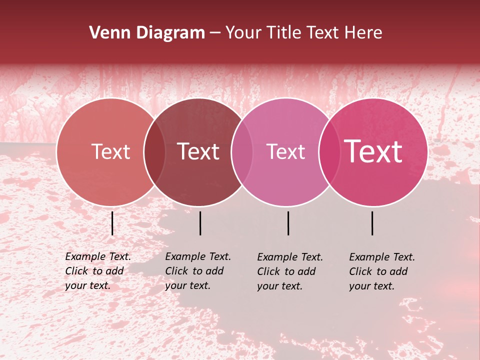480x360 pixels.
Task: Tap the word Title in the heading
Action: click(x=283, y=33)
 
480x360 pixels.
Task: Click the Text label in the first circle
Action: click(x=110, y=151)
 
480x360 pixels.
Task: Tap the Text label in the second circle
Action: click(x=198, y=151)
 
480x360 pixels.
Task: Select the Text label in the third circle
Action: click(x=285, y=151)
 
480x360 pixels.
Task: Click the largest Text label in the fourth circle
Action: click(x=373, y=151)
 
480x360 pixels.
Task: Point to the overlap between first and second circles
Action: click(x=154, y=151)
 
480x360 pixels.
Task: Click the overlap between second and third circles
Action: click(x=242, y=151)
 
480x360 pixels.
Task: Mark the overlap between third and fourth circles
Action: click(x=329, y=151)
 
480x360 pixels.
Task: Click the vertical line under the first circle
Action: click(x=112, y=223)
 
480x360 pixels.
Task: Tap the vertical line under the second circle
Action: click(x=200, y=223)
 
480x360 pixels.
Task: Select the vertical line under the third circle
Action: click(x=288, y=223)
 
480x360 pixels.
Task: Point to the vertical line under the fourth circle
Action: click(x=372, y=223)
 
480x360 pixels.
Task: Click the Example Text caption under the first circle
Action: click(x=97, y=271)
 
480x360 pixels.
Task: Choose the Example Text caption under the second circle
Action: click(x=197, y=271)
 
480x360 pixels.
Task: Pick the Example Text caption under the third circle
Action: click(x=289, y=271)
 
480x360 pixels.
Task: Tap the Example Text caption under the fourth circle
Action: click(x=381, y=271)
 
